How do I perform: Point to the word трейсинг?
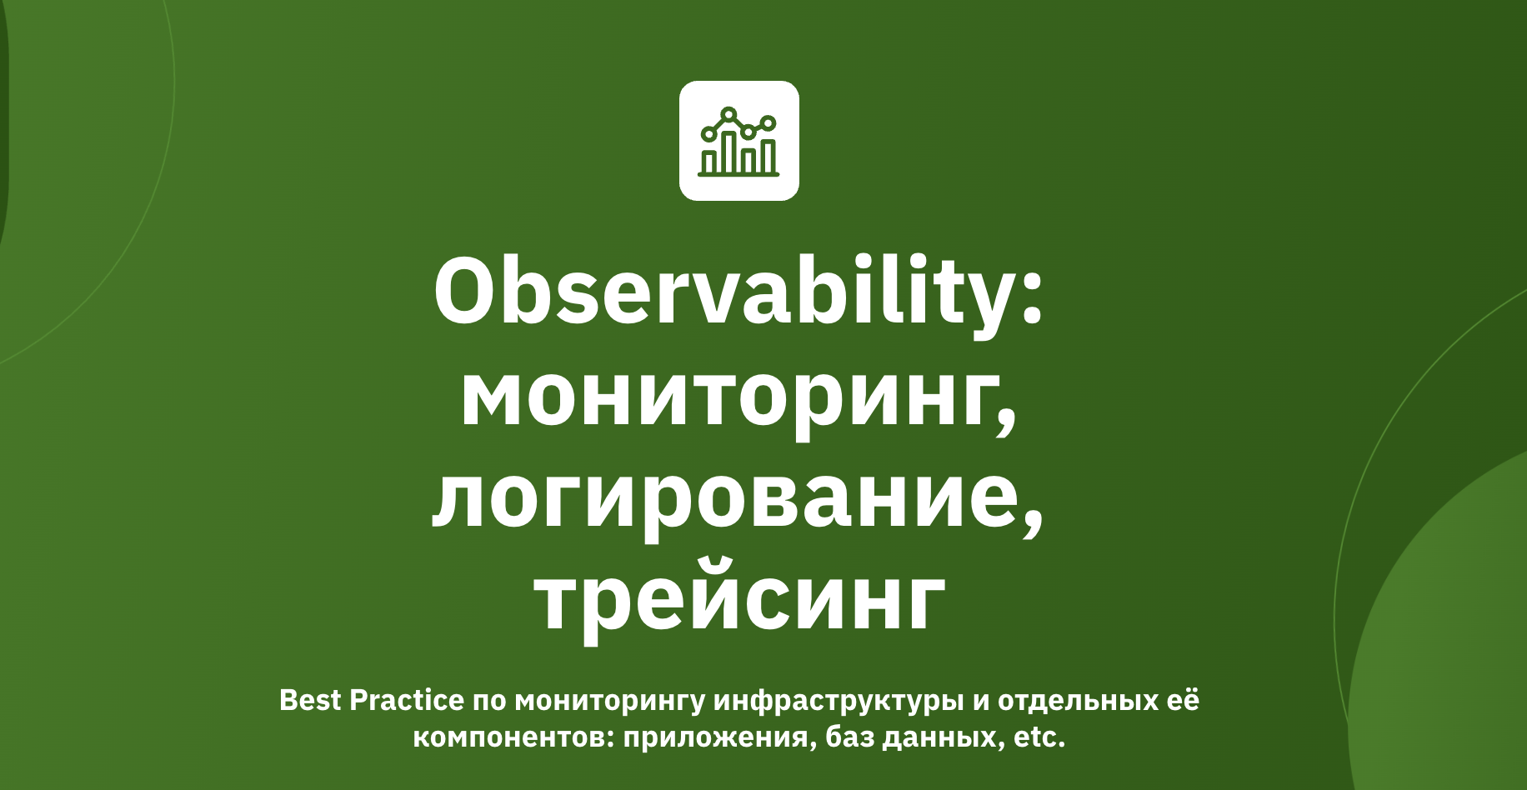tap(740, 600)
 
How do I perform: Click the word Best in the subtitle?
tap(310, 700)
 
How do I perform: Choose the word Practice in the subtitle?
tap(406, 700)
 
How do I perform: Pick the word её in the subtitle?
tap(1183, 700)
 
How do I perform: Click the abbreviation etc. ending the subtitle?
tap(1039, 737)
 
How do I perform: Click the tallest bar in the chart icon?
tap(729, 152)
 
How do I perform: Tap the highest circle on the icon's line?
tap(729, 114)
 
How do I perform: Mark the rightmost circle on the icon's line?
tap(769, 123)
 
